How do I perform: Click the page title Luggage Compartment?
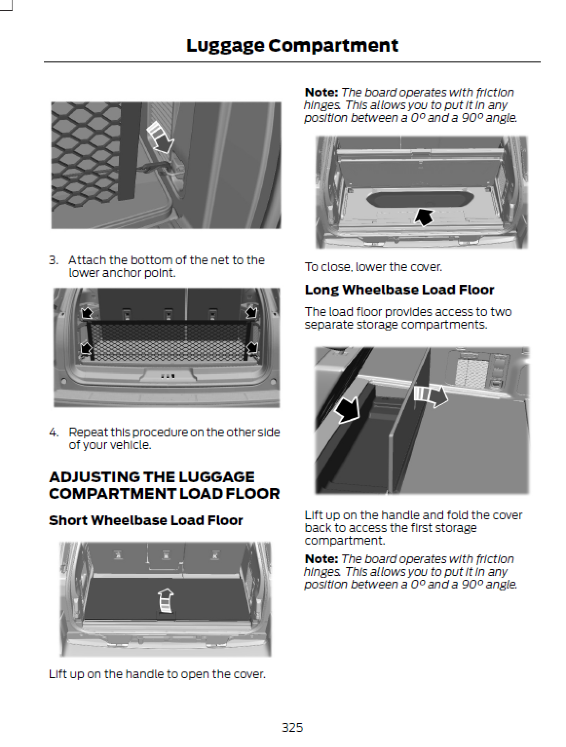[292, 45]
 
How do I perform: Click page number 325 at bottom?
[292, 727]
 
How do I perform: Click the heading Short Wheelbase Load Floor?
[146, 520]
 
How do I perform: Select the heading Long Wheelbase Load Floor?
[399, 290]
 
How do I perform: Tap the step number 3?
[53, 260]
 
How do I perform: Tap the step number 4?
[53, 432]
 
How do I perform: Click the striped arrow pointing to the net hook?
[160, 137]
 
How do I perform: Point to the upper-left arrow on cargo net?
[87, 312]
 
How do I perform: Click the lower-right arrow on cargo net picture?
[251, 348]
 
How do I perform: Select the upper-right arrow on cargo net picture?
[251, 312]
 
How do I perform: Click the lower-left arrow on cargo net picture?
[87, 348]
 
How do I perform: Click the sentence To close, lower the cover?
[373, 267]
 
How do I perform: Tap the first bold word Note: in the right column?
[321, 92]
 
